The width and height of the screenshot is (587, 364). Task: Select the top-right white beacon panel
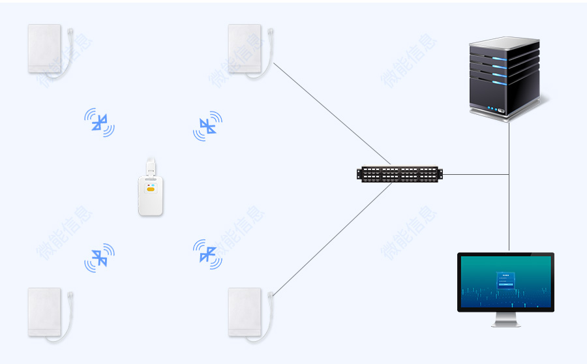[245, 48]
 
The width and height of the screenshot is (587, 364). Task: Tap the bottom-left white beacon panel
[45, 312]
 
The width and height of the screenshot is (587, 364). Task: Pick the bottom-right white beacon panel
[245, 312]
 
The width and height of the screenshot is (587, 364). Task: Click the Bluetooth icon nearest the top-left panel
[99, 122]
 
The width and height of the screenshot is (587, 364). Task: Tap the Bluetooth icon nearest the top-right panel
[207, 126]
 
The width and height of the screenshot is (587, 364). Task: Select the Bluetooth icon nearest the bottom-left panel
[99, 258]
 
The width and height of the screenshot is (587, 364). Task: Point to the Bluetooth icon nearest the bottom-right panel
[207, 253]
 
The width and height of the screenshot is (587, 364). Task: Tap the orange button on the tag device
[151, 190]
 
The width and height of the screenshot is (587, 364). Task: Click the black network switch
[399, 174]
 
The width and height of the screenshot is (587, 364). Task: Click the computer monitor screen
[505, 282]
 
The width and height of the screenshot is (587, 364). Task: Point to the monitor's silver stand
[505, 320]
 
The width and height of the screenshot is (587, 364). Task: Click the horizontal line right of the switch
[475, 175]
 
